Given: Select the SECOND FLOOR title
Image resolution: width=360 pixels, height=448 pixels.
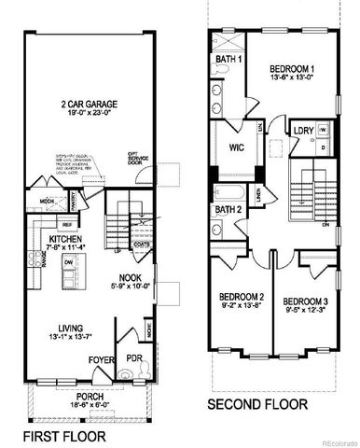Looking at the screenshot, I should [x=257, y=405].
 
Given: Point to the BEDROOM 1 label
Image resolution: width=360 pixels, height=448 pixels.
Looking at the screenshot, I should [x=291, y=68].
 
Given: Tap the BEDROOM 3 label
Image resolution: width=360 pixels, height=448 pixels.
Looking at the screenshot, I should [x=304, y=301].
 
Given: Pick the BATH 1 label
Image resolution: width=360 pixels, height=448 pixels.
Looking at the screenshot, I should [x=228, y=59].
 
